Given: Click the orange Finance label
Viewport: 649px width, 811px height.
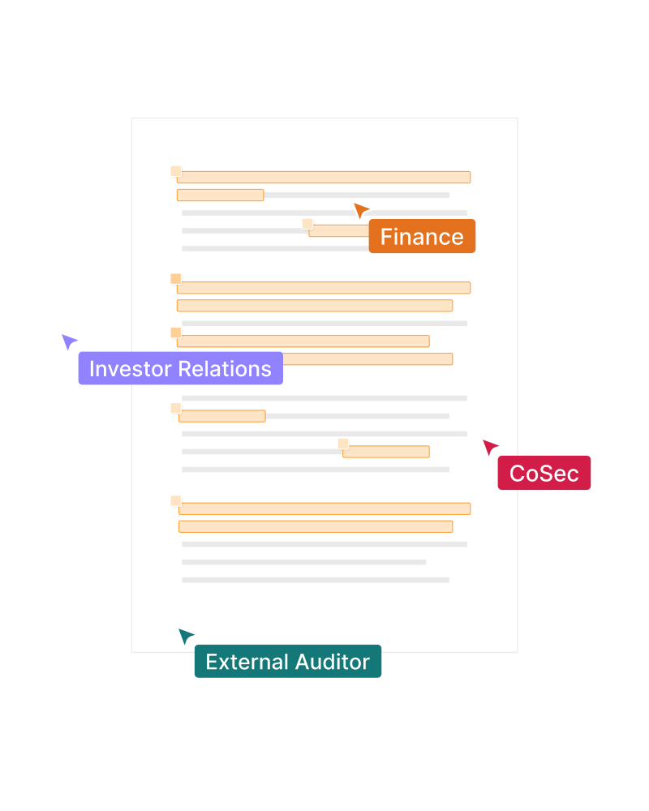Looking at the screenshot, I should point(422,237).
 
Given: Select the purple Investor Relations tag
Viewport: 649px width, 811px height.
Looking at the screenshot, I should point(180,369).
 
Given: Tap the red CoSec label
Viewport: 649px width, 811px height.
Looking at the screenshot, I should point(544,474).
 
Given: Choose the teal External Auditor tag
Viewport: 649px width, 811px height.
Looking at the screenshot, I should point(287,662).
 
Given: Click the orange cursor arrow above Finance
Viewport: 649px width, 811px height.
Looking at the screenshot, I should point(361,211).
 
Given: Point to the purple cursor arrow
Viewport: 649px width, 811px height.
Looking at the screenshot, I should point(69,341).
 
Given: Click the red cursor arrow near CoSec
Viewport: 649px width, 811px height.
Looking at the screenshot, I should point(490,447).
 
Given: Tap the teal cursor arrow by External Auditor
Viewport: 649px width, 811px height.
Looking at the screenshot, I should point(186,637).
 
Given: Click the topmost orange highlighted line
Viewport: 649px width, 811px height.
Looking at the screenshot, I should point(324,177).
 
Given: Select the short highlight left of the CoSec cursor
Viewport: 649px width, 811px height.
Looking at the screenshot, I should point(386,452).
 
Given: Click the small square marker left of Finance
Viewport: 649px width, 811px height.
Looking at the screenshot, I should point(307,224).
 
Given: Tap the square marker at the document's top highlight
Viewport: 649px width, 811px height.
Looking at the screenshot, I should point(176,171).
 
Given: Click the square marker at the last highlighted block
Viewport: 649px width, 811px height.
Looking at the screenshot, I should point(176,501).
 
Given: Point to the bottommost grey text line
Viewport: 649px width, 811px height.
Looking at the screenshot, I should point(315,580).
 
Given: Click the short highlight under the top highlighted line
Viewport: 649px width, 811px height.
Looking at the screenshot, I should point(220,195).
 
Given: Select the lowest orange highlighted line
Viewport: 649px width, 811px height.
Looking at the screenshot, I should point(316,526).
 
